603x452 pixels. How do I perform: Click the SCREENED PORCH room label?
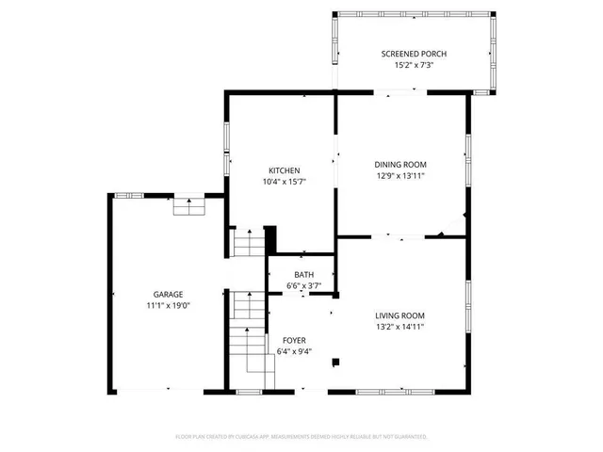click(x=414, y=54)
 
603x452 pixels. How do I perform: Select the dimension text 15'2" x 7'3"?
click(x=414, y=67)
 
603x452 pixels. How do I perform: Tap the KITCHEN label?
click(x=282, y=170)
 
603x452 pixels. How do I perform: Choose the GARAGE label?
click(x=169, y=294)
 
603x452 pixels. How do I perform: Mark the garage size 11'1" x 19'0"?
click(x=169, y=306)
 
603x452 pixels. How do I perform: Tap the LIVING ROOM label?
click(x=400, y=315)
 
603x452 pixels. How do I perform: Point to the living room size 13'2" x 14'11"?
click(x=400, y=327)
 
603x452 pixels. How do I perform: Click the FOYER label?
click(x=294, y=340)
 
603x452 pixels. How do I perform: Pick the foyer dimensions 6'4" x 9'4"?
click(x=294, y=352)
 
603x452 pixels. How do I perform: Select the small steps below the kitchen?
click(x=249, y=246)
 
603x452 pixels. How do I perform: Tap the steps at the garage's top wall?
click(x=188, y=205)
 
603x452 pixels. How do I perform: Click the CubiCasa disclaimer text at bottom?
click(x=301, y=437)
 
